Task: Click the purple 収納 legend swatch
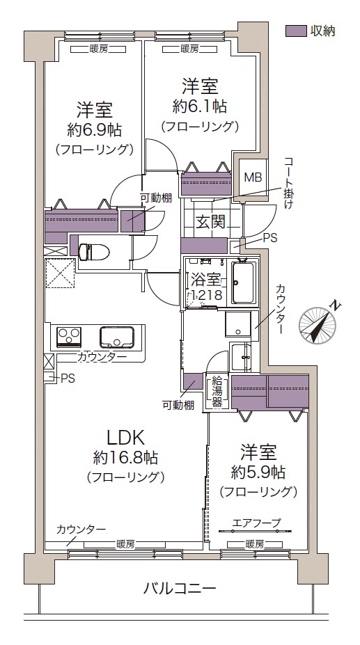pos(296,31)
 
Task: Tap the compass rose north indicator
pos(318,326)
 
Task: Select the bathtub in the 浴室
pos(243,282)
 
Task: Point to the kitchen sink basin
pos(116,337)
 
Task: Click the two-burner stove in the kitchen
pos(69,336)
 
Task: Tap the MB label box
pos(253,177)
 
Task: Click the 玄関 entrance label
pos(210,222)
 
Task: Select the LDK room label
pos(125,438)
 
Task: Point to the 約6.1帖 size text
pos(199,106)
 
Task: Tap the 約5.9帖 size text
pos(258,472)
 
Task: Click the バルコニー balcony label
pos(180,588)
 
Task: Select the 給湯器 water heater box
pos(217,391)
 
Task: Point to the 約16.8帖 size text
pos(125,456)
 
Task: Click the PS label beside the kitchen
pos(68,379)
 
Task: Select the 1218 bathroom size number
pos(205,295)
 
